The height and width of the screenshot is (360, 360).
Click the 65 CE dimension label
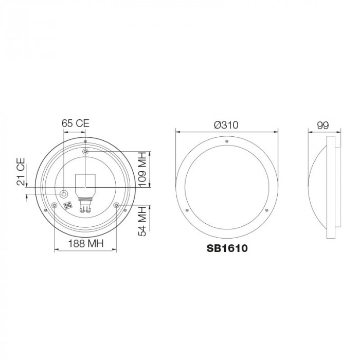[x=75, y=123]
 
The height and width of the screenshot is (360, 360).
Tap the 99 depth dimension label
[x=323, y=125]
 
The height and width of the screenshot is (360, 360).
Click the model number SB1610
[x=227, y=248]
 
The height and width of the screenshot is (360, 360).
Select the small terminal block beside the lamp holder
[x=68, y=206]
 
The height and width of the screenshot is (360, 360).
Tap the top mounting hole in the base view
[x=85, y=152]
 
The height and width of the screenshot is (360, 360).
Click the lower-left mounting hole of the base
[x=54, y=206]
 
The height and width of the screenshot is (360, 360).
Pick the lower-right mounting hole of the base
[x=117, y=206]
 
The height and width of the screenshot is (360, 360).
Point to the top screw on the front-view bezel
[x=227, y=139]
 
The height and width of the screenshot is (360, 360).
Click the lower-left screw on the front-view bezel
[x=188, y=210]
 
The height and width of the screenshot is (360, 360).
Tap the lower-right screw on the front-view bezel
[x=267, y=210]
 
